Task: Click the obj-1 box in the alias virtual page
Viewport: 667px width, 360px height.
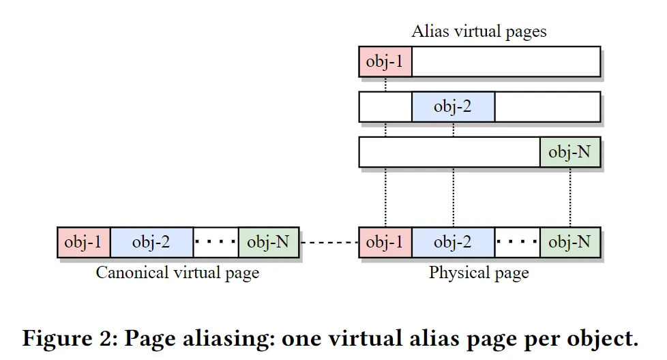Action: click(385, 62)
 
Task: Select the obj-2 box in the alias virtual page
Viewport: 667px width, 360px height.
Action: click(453, 107)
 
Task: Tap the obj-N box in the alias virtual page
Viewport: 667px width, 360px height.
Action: click(569, 152)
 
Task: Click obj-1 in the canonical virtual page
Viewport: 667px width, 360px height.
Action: click(83, 242)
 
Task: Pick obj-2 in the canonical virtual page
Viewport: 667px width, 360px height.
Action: click(151, 242)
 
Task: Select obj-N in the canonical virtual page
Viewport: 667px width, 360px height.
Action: click(268, 242)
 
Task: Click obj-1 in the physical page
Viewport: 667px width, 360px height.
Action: click(385, 242)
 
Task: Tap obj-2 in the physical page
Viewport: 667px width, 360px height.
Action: click(453, 242)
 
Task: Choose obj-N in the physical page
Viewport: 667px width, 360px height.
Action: click(569, 242)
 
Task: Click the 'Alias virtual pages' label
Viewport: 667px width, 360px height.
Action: click(479, 31)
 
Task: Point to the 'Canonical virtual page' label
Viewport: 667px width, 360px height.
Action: click(177, 273)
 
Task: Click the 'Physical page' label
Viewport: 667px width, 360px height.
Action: click(479, 273)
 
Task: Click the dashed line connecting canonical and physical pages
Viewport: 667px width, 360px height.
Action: click(329, 242)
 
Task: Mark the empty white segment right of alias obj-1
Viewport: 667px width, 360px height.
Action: click(505, 62)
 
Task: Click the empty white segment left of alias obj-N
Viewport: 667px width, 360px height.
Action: click(449, 152)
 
